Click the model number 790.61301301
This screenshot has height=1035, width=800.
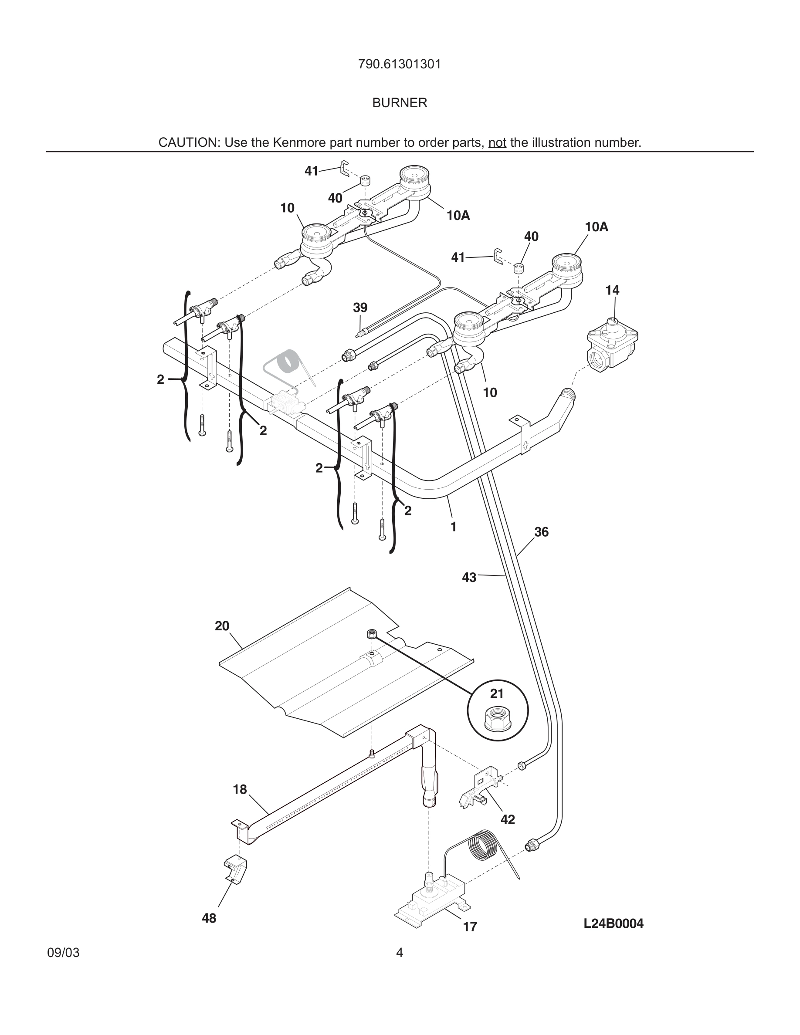tap(400, 64)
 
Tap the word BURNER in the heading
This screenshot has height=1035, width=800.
tap(400, 103)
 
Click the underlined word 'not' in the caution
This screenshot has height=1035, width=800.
tap(497, 142)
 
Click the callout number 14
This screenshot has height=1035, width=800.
tap(612, 290)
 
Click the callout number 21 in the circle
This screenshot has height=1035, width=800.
tap(497, 694)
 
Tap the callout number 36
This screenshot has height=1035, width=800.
tap(541, 532)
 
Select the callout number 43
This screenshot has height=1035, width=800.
tap(469, 577)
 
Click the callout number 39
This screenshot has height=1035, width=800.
tap(360, 308)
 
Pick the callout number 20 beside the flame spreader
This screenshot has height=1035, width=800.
tap(222, 626)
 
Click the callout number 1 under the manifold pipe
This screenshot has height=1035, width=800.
tap(453, 527)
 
